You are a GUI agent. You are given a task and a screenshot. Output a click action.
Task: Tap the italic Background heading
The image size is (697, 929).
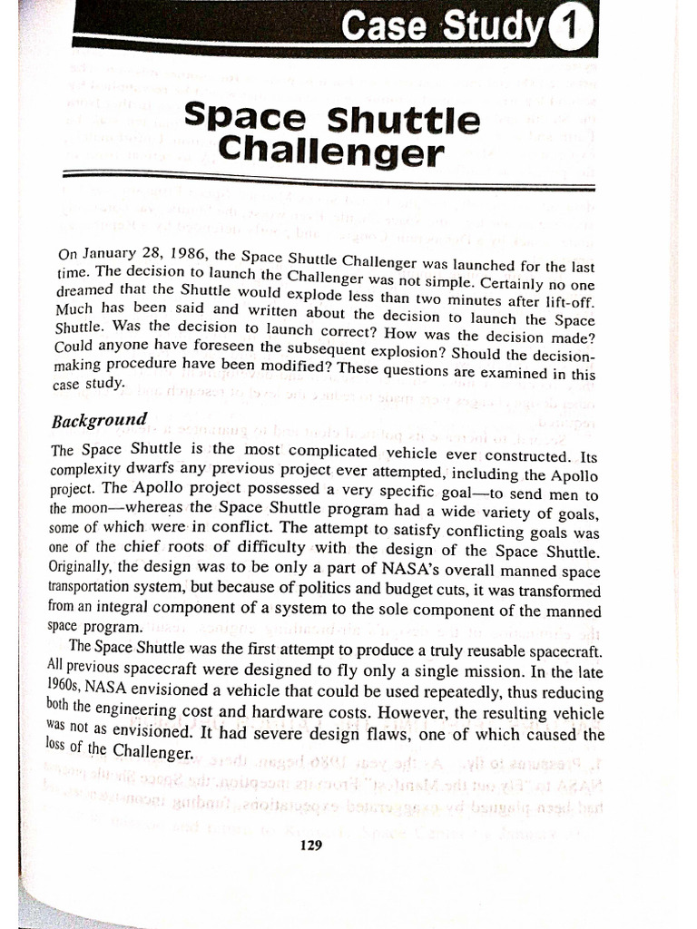tap(99, 421)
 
